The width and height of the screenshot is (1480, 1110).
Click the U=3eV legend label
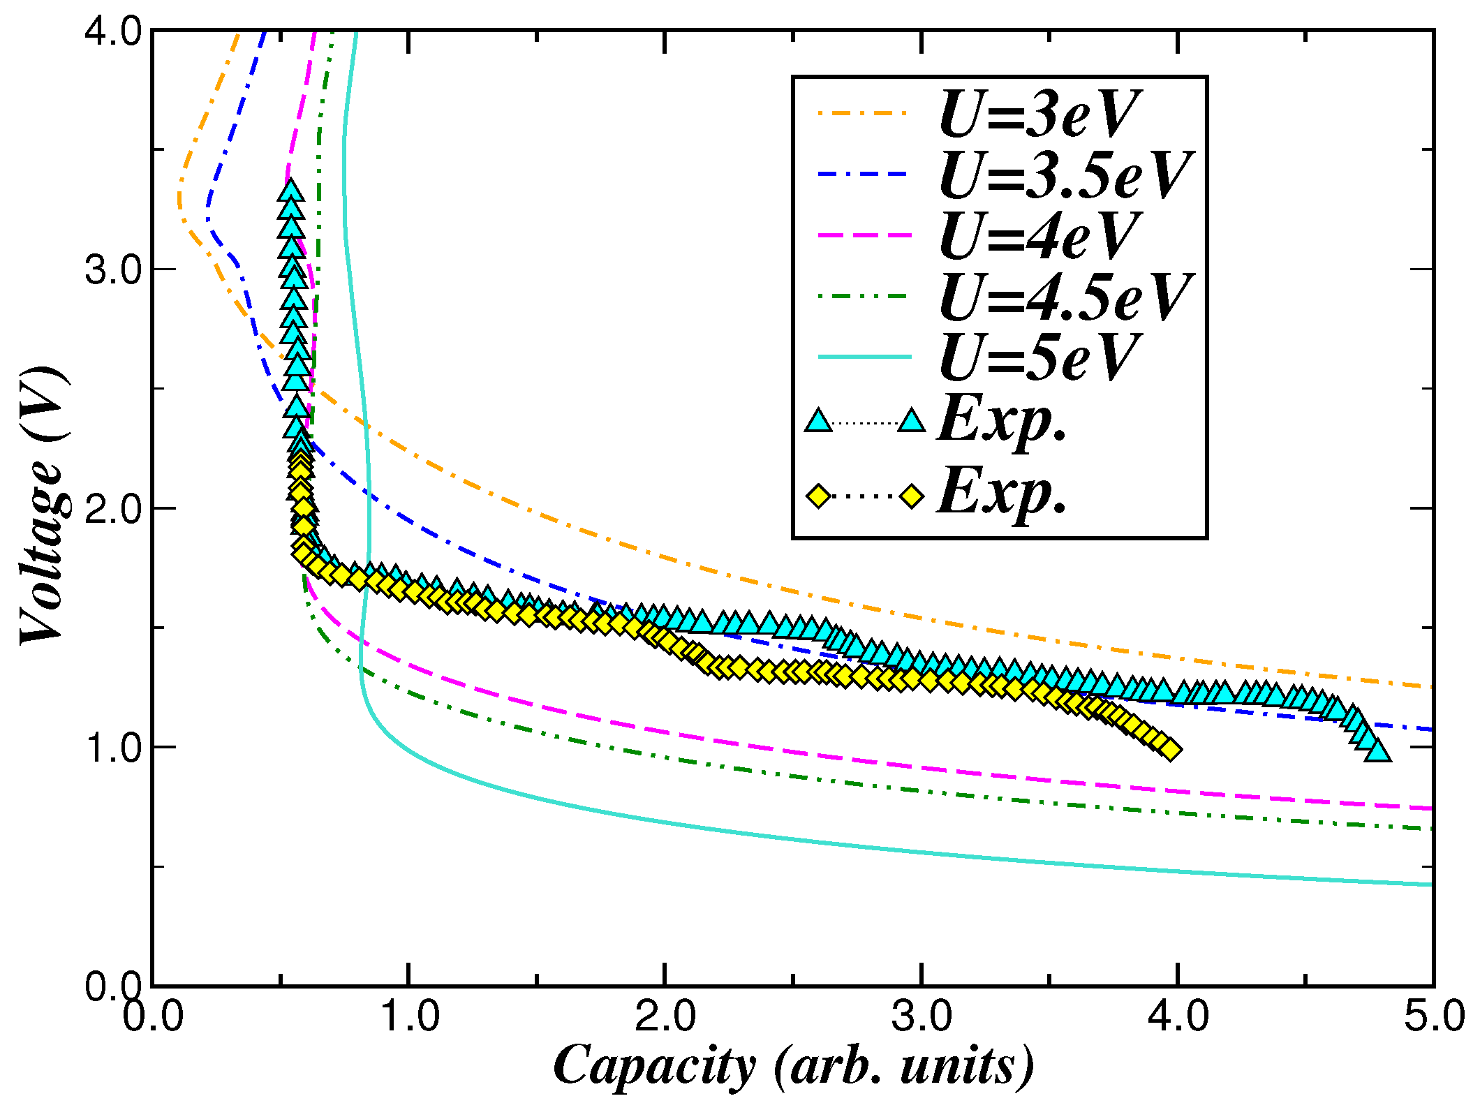pos(1039,114)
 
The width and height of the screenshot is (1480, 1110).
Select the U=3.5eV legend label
pos(1065,175)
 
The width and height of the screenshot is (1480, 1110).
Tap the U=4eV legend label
pos(1039,236)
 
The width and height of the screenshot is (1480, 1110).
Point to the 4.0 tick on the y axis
pos(112,31)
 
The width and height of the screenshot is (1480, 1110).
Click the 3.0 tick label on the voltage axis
pos(112,269)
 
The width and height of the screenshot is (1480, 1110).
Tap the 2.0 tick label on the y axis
pos(112,509)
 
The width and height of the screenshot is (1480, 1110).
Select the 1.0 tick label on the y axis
pos(112,748)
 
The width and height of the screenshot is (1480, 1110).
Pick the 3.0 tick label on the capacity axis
pos(922,1016)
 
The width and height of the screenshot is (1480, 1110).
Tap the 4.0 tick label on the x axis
pos(1178,1016)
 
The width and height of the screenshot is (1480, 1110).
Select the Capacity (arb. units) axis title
pos(793,1067)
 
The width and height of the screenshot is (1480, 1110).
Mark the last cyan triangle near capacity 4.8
pos(1378,751)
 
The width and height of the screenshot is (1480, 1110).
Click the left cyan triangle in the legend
pos(818,421)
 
